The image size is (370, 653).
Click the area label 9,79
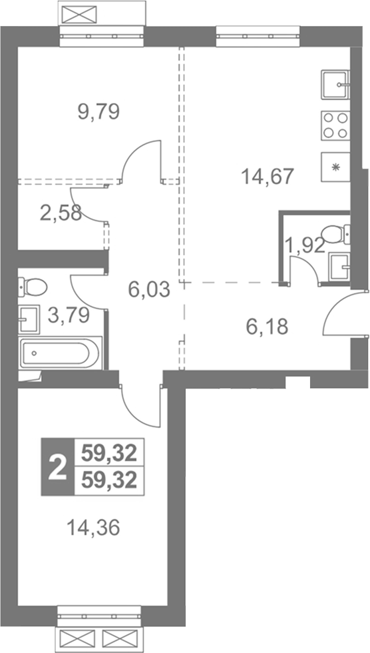tap(99, 112)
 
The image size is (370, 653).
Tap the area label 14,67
tap(268, 176)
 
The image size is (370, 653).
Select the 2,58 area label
tap(61, 213)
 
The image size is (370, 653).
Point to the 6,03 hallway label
tap(149, 289)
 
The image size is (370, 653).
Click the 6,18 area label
tap(267, 327)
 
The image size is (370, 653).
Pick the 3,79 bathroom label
tap(69, 315)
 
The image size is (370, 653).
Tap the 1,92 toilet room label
tap(304, 245)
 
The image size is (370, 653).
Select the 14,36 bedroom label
tap(93, 528)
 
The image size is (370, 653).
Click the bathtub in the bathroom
tap(61, 353)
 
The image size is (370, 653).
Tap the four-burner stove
tap(335, 125)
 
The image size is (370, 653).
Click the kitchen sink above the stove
tap(335, 85)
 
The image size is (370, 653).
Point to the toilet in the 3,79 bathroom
tap(33, 287)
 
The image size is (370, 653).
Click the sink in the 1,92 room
tap(339, 267)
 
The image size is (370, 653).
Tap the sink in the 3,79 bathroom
tap(29, 319)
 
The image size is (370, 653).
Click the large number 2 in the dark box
tap(57, 467)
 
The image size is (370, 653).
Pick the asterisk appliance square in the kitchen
tap(335, 167)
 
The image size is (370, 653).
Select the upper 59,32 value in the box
tap(109, 452)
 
